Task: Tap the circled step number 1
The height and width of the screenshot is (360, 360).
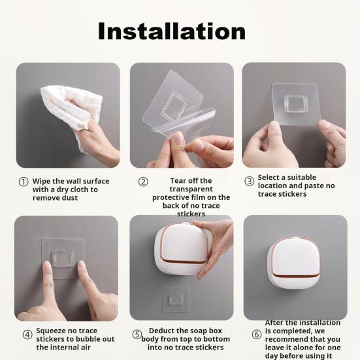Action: [24, 182]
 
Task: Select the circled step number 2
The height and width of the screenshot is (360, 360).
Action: [143, 182]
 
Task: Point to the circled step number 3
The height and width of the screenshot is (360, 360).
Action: [249, 181]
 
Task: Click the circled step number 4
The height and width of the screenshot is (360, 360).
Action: [27, 335]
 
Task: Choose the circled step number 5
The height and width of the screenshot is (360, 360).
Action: [137, 335]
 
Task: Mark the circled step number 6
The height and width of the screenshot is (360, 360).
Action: [257, 335]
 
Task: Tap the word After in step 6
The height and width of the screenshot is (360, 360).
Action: [276, 323]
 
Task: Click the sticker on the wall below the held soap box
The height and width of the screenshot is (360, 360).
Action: [174, 299]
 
